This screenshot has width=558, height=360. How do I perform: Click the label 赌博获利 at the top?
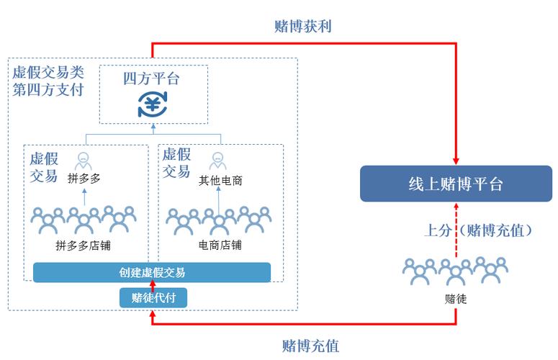[x=302, y=26]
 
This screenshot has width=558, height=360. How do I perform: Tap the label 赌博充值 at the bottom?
[x=310, y=346]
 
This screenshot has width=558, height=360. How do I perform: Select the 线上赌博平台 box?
[x=455, y=184]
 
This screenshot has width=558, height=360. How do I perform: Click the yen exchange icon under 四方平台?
[x=152, y=104]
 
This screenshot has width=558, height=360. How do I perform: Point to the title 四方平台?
[x=151, y=78]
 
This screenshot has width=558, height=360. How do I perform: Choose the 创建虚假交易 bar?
[x=152, y=272]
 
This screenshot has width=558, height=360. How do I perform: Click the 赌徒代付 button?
[x=153, y=297]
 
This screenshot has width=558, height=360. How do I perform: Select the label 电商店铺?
[x=220, y=245]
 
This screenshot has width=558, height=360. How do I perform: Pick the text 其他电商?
[x=220, y=181]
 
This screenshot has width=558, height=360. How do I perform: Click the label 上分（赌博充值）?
[x=477, y=230]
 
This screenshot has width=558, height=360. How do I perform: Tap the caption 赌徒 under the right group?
[x=455, y=297]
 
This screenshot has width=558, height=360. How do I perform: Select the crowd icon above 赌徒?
[x=455, y=271]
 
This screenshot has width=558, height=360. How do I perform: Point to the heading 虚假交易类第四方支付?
[x=48, y=81]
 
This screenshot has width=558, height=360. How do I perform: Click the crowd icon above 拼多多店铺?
[x=84, y=219]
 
